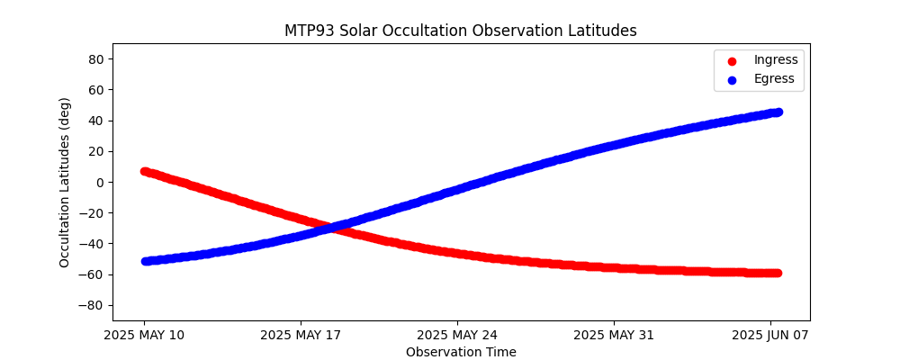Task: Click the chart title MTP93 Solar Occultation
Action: (460, 31)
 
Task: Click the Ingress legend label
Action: (776, 60)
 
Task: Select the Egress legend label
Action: (774, 79)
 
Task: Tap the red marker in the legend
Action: (731, 61)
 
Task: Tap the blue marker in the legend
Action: (731, 80)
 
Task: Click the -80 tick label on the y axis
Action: (93, 305)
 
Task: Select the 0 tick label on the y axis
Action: (99, 182)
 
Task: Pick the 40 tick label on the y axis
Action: (95, 121)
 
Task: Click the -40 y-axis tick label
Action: (93, 244)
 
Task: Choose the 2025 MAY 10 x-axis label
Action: (144, 336)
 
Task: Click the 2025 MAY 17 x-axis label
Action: (301, 336)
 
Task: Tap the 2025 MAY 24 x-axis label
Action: (457, 336)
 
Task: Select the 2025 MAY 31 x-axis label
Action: (614, 336)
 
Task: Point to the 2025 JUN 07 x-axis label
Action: (770, 336)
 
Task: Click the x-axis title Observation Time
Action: (461, 352)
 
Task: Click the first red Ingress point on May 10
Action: (145, 171)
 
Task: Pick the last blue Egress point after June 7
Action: (778, 112)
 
